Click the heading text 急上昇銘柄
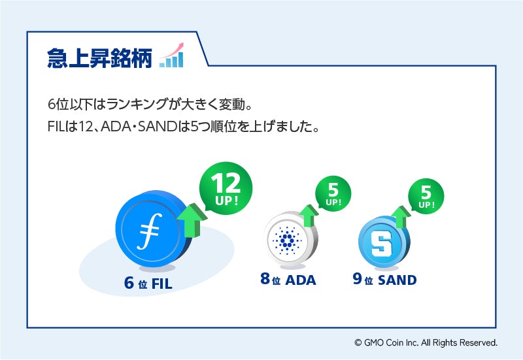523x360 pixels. pos(99,58)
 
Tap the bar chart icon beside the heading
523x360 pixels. pos(171,57)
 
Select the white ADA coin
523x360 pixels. pos(285,240)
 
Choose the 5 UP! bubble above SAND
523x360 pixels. pos(426,195)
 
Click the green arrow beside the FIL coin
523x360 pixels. pos(191,220)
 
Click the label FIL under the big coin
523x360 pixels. pos(166,284)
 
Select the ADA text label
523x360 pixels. pos(301,280)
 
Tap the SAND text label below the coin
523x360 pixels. pos(397,280)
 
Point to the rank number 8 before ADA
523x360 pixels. pos(265,280)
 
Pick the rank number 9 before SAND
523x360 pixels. pos(358,280)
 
